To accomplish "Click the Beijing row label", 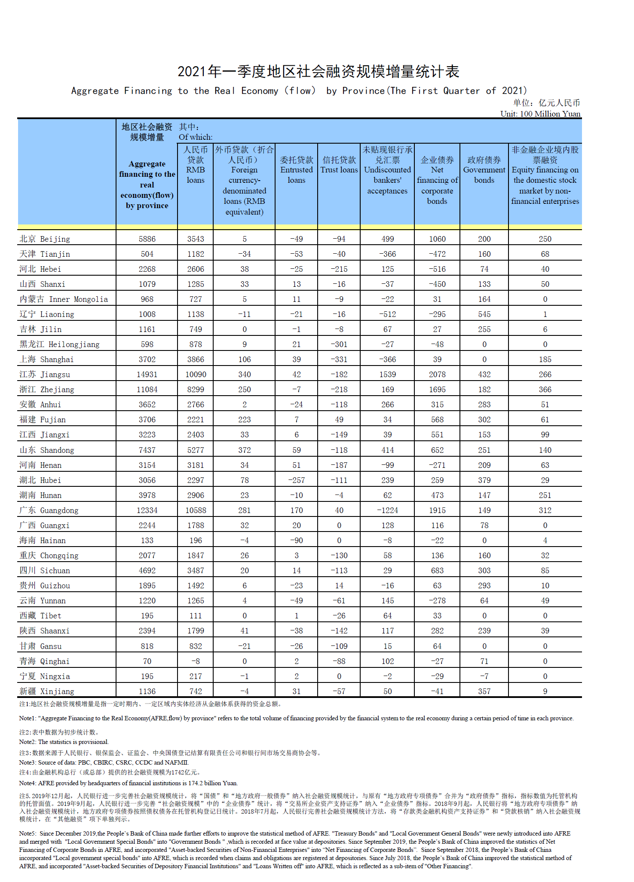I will (x=45, y=239).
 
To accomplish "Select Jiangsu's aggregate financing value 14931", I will (x=147, y=374).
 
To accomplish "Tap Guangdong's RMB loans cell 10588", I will (x=196, y=510).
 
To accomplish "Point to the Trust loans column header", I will (x=339, y=165).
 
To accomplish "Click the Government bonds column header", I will (x=484, y=170).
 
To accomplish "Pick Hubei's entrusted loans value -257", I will (x=296, y=480).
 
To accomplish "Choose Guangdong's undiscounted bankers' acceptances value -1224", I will (x=387, y=510).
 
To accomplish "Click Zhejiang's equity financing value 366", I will (x=545, y=389).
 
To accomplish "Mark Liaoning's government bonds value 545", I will (x=484, y=314).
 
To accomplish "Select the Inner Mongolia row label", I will (x=64, y=299).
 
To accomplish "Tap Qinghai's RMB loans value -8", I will (x=196, y=661).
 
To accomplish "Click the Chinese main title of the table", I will (x=319, y=71).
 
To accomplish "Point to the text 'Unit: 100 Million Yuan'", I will (x=540, y=114).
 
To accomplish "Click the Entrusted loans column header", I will (x=296, y=170).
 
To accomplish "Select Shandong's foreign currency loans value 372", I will (x=244, y=450).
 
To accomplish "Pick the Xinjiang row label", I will (x=47, y=691).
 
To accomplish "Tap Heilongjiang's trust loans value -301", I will (x=339, y=344).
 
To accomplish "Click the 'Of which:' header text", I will (x=196, y=137).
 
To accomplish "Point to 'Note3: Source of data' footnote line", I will (x=104, y=762).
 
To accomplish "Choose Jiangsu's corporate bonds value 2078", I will (x=437, y=374).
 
